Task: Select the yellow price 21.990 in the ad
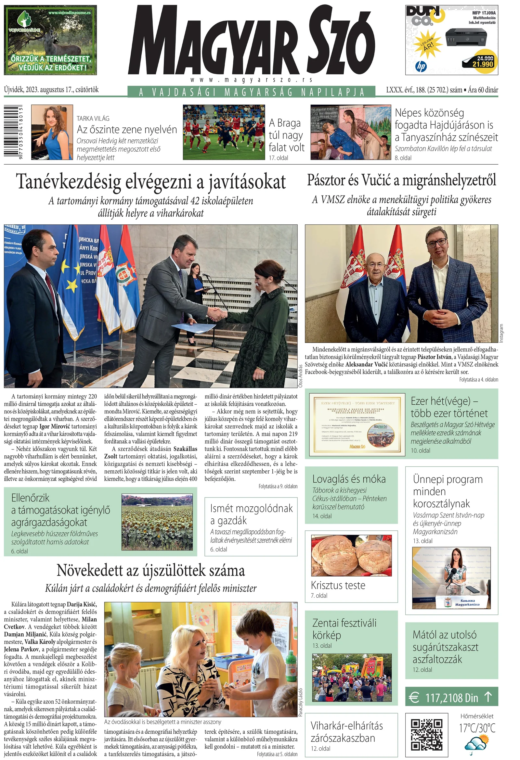pyautogui.click(x=483, y=64)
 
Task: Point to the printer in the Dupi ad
pyautogui.click(x=466, y=36)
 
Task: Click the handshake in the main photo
pyautogui.click(x=218, y=314)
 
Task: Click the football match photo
pyautogui.click(x=224, y=132)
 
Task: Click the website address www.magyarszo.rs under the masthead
pyautogui.click(x=251, y=80)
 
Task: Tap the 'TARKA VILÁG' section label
pyautogui.click(x=93, y=119)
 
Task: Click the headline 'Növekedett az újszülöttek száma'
pyautogui.click(x=150, y=570)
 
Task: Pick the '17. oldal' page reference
pyautogui.click(x=279, y=158)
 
